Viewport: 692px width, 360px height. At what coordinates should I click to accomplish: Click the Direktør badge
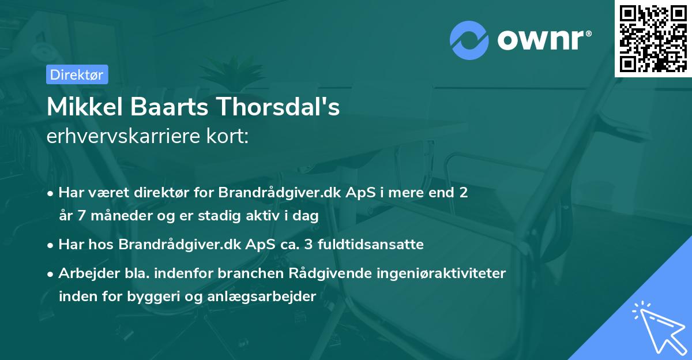[77, 74]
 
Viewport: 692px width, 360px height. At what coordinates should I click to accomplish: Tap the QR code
[652, 38]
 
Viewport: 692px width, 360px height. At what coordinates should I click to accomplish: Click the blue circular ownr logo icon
[470, 41]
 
